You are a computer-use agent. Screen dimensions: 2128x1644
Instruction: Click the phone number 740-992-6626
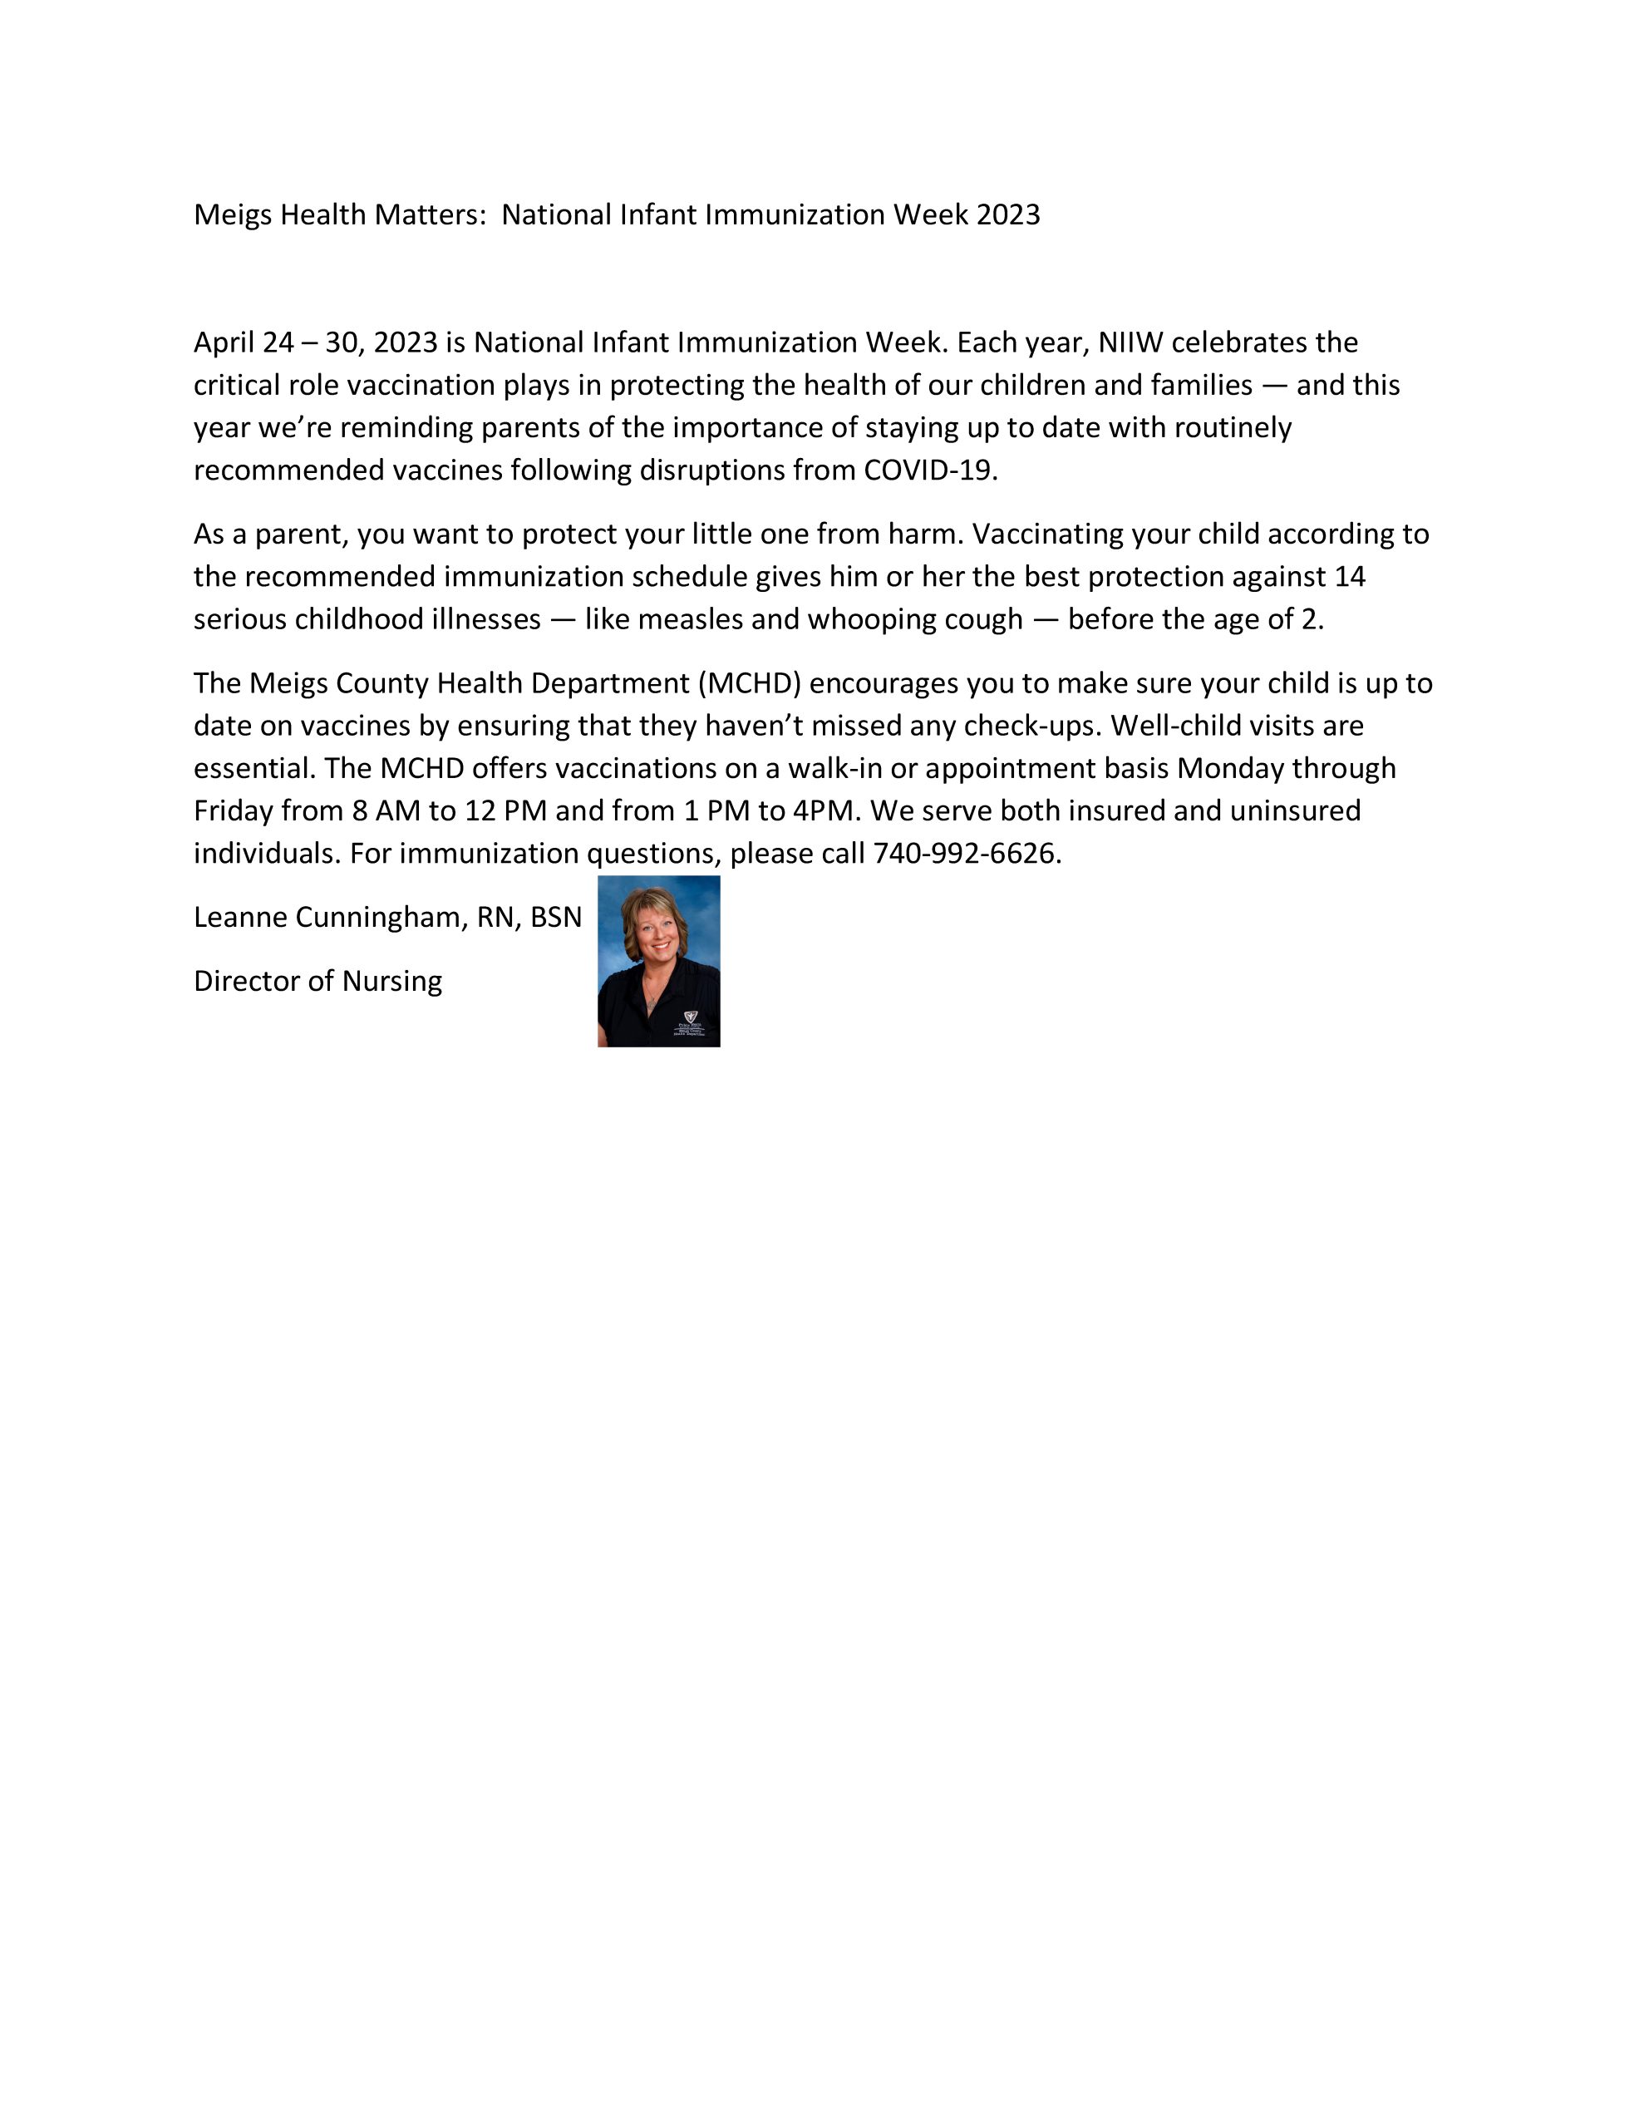[x=965, y=854]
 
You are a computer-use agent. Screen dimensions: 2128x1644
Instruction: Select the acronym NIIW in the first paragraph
[x=1130, y=343]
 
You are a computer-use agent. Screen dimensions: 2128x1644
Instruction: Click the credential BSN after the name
[x=555, y=918]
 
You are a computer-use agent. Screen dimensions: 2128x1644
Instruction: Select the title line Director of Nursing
[x=317, y=981]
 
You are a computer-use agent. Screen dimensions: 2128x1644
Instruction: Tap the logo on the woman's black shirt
[x=691, y=1017]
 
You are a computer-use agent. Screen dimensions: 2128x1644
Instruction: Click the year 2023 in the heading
[x=1007, y=215]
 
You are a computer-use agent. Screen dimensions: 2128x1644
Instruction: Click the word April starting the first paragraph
[x=224, y=343]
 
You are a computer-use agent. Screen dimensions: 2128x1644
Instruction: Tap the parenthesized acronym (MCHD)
[x=748, y=684]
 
